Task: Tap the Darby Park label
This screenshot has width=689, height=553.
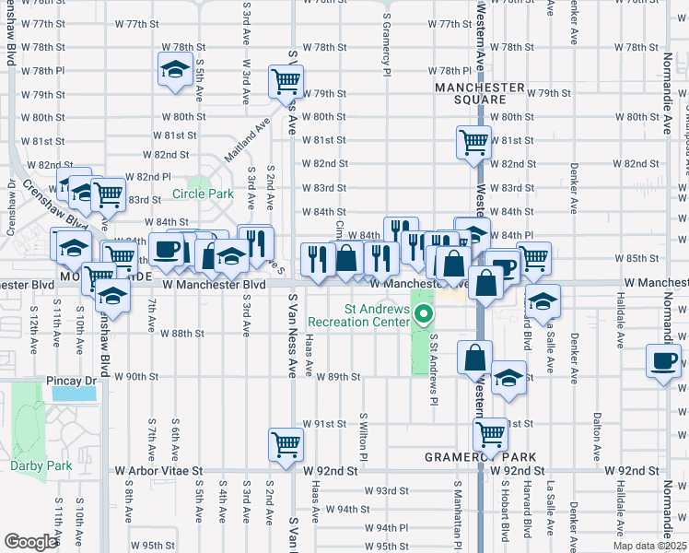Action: (41, 465)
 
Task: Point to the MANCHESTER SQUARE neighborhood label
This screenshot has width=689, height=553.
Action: (481, 93)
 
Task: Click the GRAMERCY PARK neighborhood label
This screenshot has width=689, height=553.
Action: (480, 457)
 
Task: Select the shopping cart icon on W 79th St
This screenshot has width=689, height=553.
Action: (286, 81)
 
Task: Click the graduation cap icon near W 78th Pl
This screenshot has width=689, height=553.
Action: (174, 70)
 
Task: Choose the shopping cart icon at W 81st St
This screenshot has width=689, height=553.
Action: (473, 141)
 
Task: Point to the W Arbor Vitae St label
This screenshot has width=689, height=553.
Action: (158, 470)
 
